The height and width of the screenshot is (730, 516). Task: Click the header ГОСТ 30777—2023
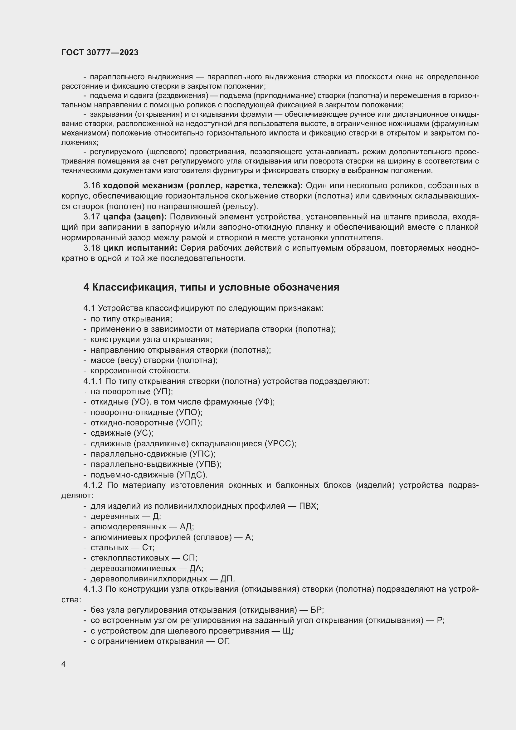pyautogui.click(x=100, y=53)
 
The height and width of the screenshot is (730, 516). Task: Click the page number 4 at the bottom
pyautogui.click(x=64, y=664)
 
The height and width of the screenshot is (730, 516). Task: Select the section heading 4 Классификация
pyautogui.click(x=211, y=287)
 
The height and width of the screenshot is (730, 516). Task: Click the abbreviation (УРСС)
pyautogui.click(x=280, y=443)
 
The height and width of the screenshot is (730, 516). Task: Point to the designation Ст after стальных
pyautogui.click(x=148, y=547)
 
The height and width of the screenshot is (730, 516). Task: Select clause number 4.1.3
pyautogui.click(x=93, y=589)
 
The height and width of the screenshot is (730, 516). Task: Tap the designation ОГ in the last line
pyautogui.click(x=223, y=641)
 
